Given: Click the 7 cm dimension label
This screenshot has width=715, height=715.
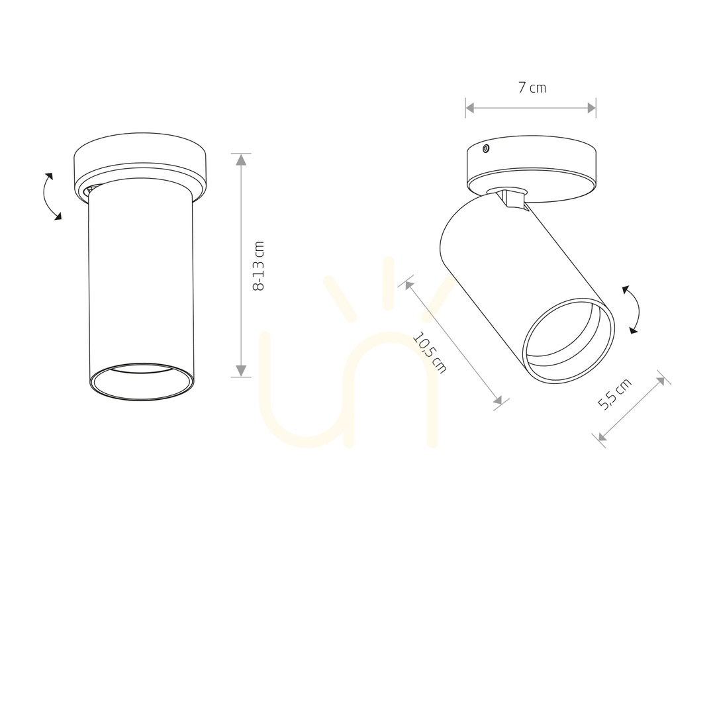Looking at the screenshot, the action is (532, 87).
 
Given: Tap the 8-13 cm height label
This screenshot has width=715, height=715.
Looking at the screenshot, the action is (258, 266).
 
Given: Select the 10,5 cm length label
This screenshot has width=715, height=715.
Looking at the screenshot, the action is (430, 352).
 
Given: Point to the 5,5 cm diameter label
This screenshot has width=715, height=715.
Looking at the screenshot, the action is (614, 394).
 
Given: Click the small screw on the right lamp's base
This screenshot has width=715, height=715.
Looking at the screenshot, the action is (486, 148).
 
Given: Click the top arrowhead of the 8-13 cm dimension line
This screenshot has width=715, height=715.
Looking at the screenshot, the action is (241, 160).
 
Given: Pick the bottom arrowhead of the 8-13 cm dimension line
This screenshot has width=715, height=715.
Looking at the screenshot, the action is (241, 371).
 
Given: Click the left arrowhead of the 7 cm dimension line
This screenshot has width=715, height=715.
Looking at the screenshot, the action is (470, 108).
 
